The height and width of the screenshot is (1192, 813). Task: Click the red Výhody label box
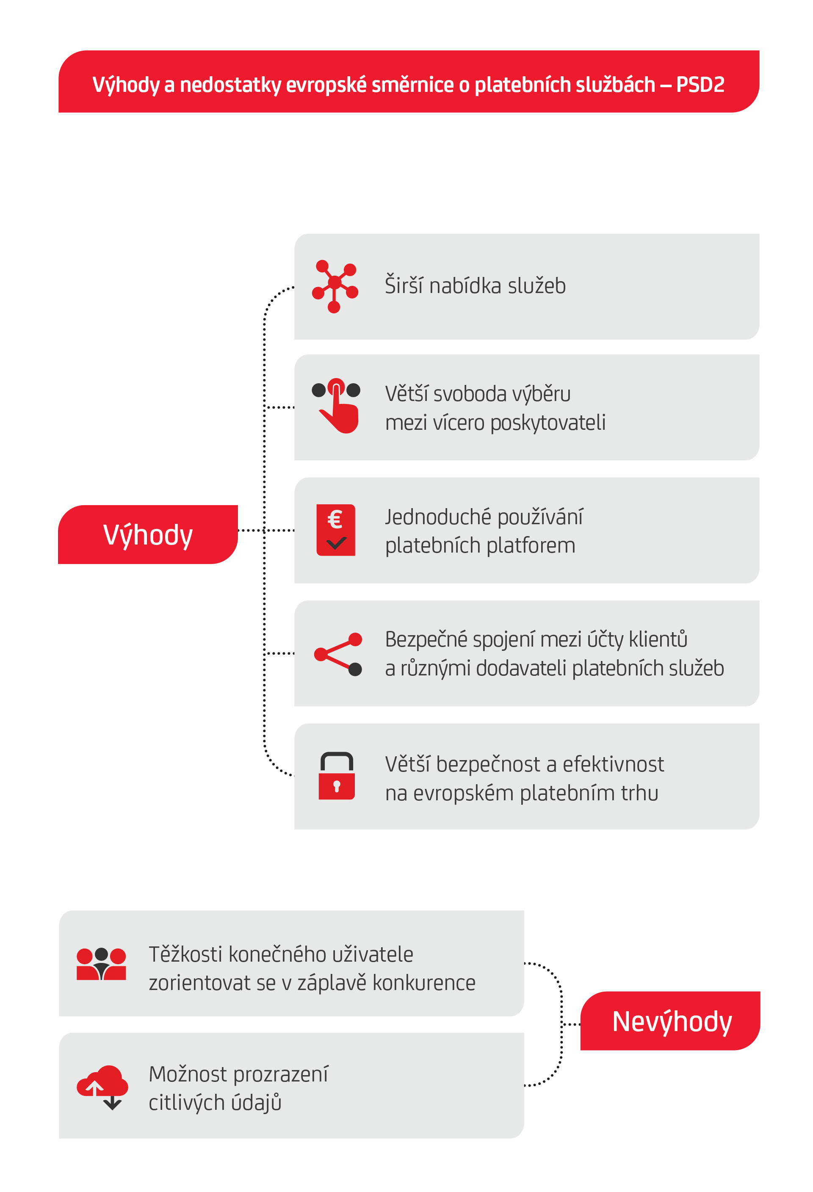tap(148, 534)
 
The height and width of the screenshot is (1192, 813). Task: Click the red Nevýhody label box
tap(670, 1021)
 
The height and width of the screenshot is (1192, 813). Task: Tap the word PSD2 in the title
tap(700, 85)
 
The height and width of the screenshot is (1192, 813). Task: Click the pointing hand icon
tap(337, 406)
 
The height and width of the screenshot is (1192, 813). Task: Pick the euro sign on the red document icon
tap(335, 519)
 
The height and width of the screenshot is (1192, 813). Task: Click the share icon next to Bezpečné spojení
tap(338, 654)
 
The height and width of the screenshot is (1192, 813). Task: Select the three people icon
tap(101, 964)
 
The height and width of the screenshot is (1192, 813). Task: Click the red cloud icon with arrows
tap(102, 1087)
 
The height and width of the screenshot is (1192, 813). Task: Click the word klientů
tap(658, 639)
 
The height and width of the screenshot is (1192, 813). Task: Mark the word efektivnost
tap(613, 764)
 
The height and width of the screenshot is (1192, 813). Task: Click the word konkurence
tap(424, 983)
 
